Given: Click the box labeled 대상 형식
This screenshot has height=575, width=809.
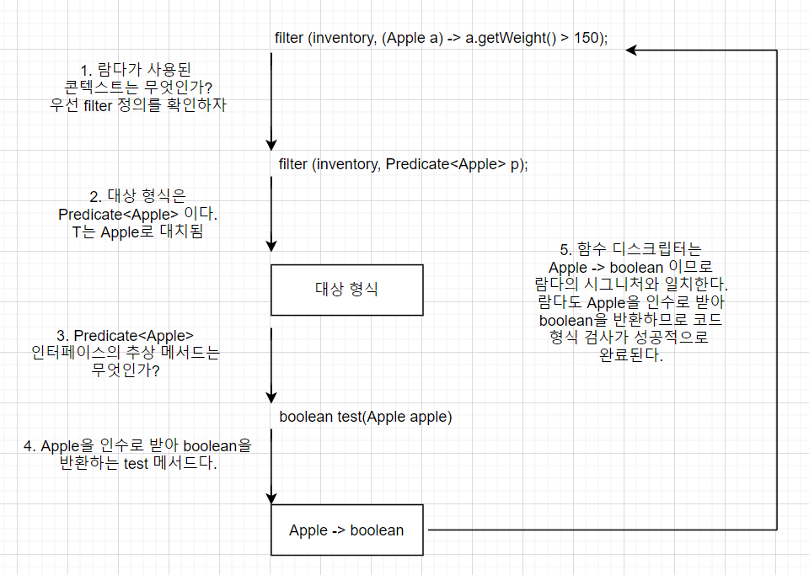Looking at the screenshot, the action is (x=346, y=290).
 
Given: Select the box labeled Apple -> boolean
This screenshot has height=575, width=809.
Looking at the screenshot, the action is (x=346, y=530).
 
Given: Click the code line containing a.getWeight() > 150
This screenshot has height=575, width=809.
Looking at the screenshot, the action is (x=441, y=39).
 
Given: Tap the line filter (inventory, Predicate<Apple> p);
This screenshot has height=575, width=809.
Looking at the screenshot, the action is (x=403, y=164).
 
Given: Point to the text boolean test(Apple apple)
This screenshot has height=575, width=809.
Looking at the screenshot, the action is (x=365, y=417).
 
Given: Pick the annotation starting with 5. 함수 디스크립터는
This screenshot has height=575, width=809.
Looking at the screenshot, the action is (x=630, y=302).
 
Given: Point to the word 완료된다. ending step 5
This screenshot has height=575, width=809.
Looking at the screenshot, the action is (x=630, y=356).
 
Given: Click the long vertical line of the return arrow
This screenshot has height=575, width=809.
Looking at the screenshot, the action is (x=776, y=286).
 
